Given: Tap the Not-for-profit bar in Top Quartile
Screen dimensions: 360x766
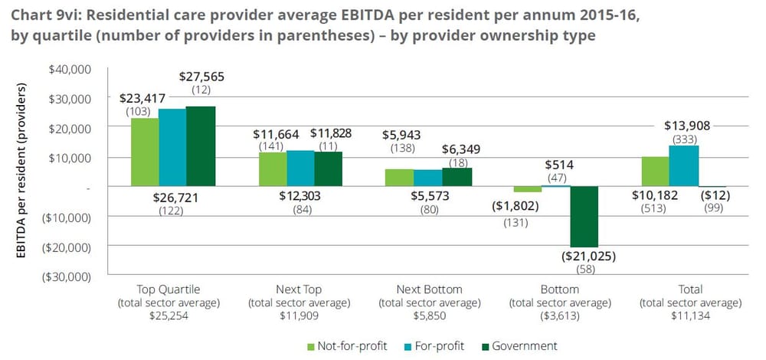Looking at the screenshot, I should click(x=145, y=152).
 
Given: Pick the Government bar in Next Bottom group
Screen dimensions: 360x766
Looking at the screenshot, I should click(x=458, y=177).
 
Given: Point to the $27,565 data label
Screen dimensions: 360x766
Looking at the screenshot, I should click(x=202, y=77).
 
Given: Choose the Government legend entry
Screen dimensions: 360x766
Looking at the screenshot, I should click(x=525, y=345).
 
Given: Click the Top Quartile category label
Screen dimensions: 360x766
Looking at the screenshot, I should click(x=168, y=290).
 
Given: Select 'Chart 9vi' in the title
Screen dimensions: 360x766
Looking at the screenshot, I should click(x=39, y=15).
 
